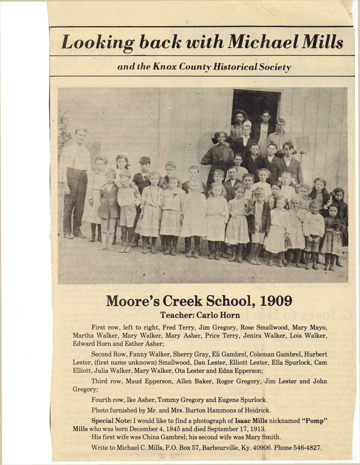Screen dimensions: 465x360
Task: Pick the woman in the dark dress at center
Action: point(220,159)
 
